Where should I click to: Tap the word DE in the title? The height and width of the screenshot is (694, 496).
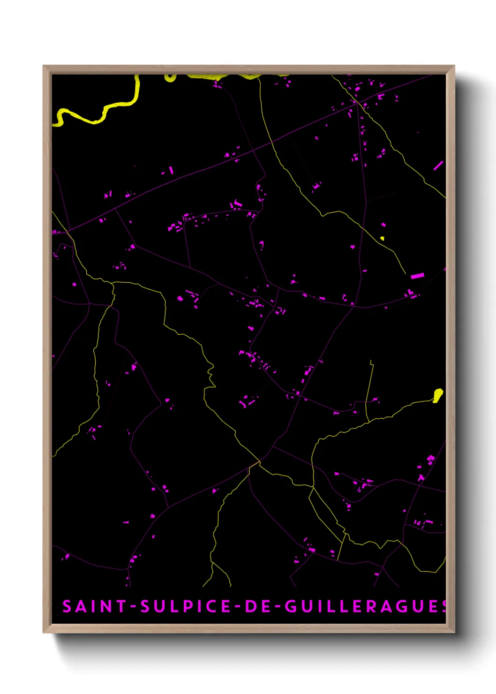258,606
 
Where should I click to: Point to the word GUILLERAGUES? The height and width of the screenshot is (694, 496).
366,606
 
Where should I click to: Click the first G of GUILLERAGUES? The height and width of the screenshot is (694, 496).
291,606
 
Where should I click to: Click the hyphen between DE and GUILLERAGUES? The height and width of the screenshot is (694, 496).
278,607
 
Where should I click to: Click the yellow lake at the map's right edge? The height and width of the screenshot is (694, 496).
438,395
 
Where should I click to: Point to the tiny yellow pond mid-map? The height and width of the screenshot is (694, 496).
382,238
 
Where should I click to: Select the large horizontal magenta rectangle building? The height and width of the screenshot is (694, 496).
417,276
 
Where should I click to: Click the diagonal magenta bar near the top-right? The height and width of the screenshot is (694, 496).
438,166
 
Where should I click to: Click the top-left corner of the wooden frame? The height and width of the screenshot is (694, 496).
44,67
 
